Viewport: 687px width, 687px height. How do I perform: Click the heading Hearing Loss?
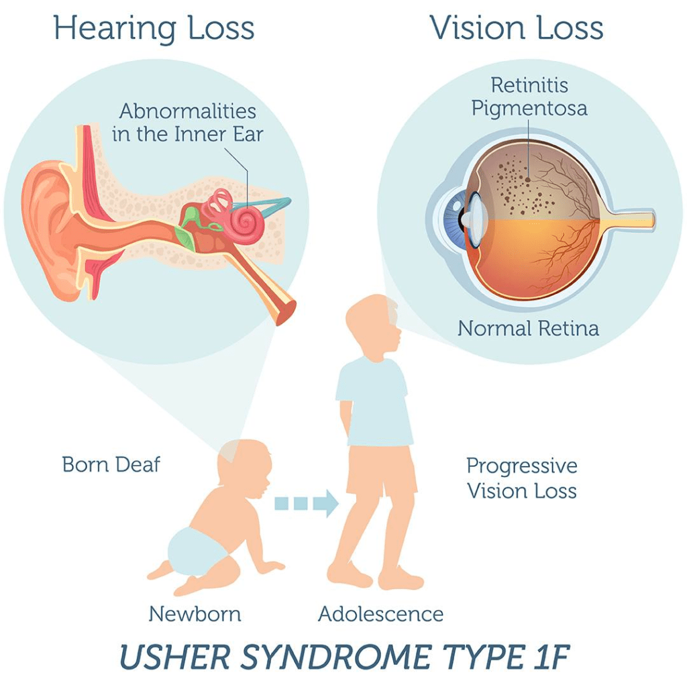point(154,29)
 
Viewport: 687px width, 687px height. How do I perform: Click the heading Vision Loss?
point(517,29)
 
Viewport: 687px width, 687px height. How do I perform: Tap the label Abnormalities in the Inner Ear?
point(188,121)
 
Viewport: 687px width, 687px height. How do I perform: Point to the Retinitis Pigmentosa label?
point(529,97)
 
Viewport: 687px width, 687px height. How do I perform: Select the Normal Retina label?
point(528,329)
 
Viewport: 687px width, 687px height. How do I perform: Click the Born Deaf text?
point(111,464)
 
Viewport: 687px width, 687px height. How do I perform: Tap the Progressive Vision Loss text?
point(521,478)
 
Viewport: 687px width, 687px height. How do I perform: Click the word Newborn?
point(195,613)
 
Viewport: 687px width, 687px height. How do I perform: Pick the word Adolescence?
point(380,613)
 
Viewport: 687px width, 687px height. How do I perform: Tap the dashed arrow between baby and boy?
point(305,503)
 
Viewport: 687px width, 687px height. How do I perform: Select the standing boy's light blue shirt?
point(374,402)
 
